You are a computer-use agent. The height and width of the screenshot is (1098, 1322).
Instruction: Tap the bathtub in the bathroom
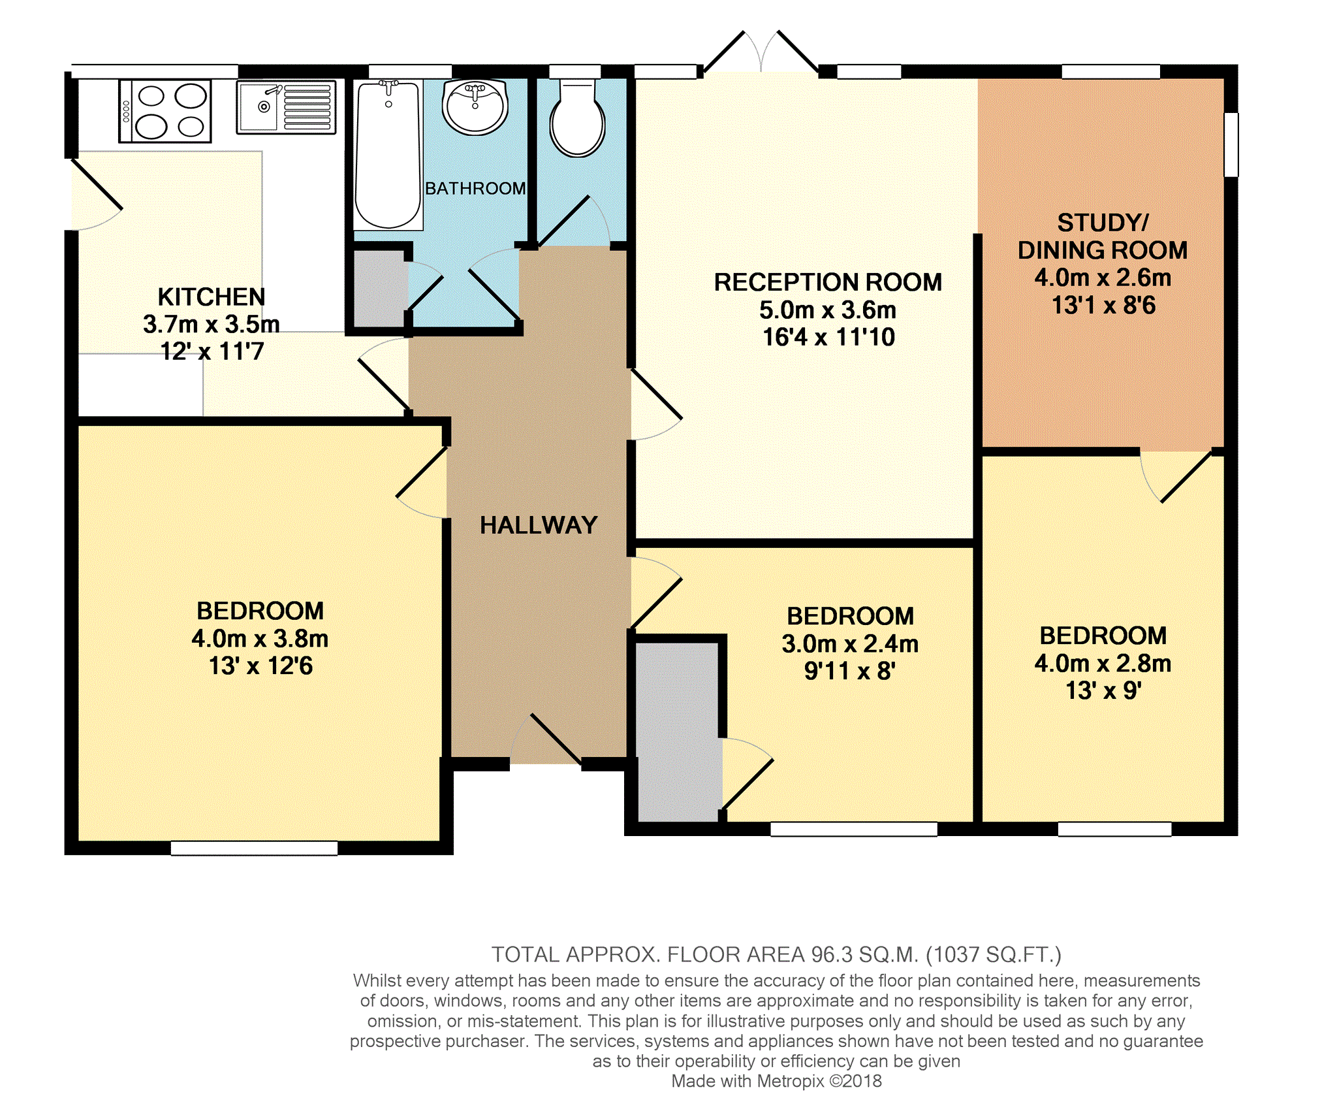tap(388, 155)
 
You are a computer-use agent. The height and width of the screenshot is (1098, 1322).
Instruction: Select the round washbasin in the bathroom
tap(475, 106)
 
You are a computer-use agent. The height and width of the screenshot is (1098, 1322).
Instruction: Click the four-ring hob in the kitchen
tap(165, 111)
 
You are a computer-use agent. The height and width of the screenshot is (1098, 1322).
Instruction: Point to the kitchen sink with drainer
tap(286, 107)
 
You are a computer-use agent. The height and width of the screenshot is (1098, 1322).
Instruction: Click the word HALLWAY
tap(539, 525)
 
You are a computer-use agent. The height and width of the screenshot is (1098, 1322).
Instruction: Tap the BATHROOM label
tap(475, 188)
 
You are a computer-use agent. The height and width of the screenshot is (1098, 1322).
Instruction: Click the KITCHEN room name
tap(212, 297)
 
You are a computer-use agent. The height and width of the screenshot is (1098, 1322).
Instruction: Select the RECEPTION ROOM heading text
tap(828, 282)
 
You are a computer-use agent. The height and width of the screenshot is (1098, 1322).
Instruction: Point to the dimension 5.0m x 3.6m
tap(828, 310)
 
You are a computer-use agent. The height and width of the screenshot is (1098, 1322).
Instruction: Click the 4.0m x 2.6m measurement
tap(1103, 278)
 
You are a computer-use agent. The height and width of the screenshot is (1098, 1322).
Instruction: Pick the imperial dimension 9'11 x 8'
tap(849, 671)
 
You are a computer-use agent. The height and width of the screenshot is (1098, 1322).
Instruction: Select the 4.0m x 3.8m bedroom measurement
tap(260, 638)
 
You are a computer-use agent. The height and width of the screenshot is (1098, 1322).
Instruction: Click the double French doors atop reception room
tap(761, 52)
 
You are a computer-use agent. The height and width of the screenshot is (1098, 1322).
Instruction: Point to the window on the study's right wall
tap(1231, 144)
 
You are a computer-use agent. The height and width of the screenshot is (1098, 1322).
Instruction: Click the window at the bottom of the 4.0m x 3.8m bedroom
tap(254, 848)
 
